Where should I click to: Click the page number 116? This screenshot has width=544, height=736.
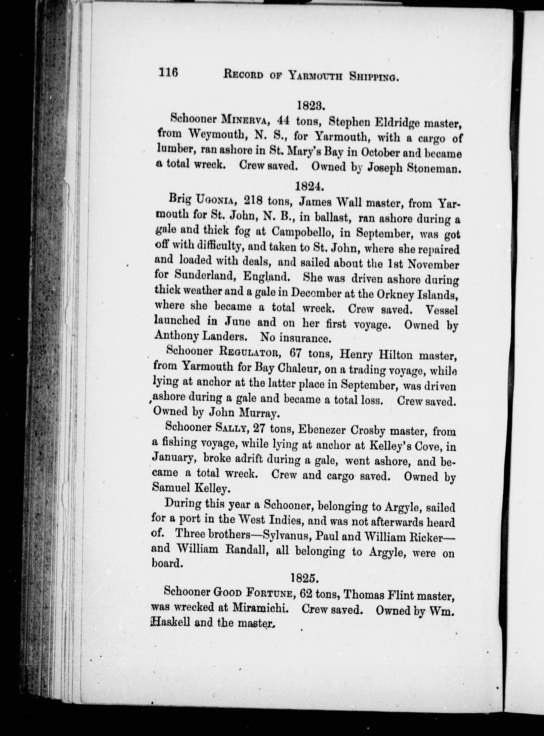coord(168,72)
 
